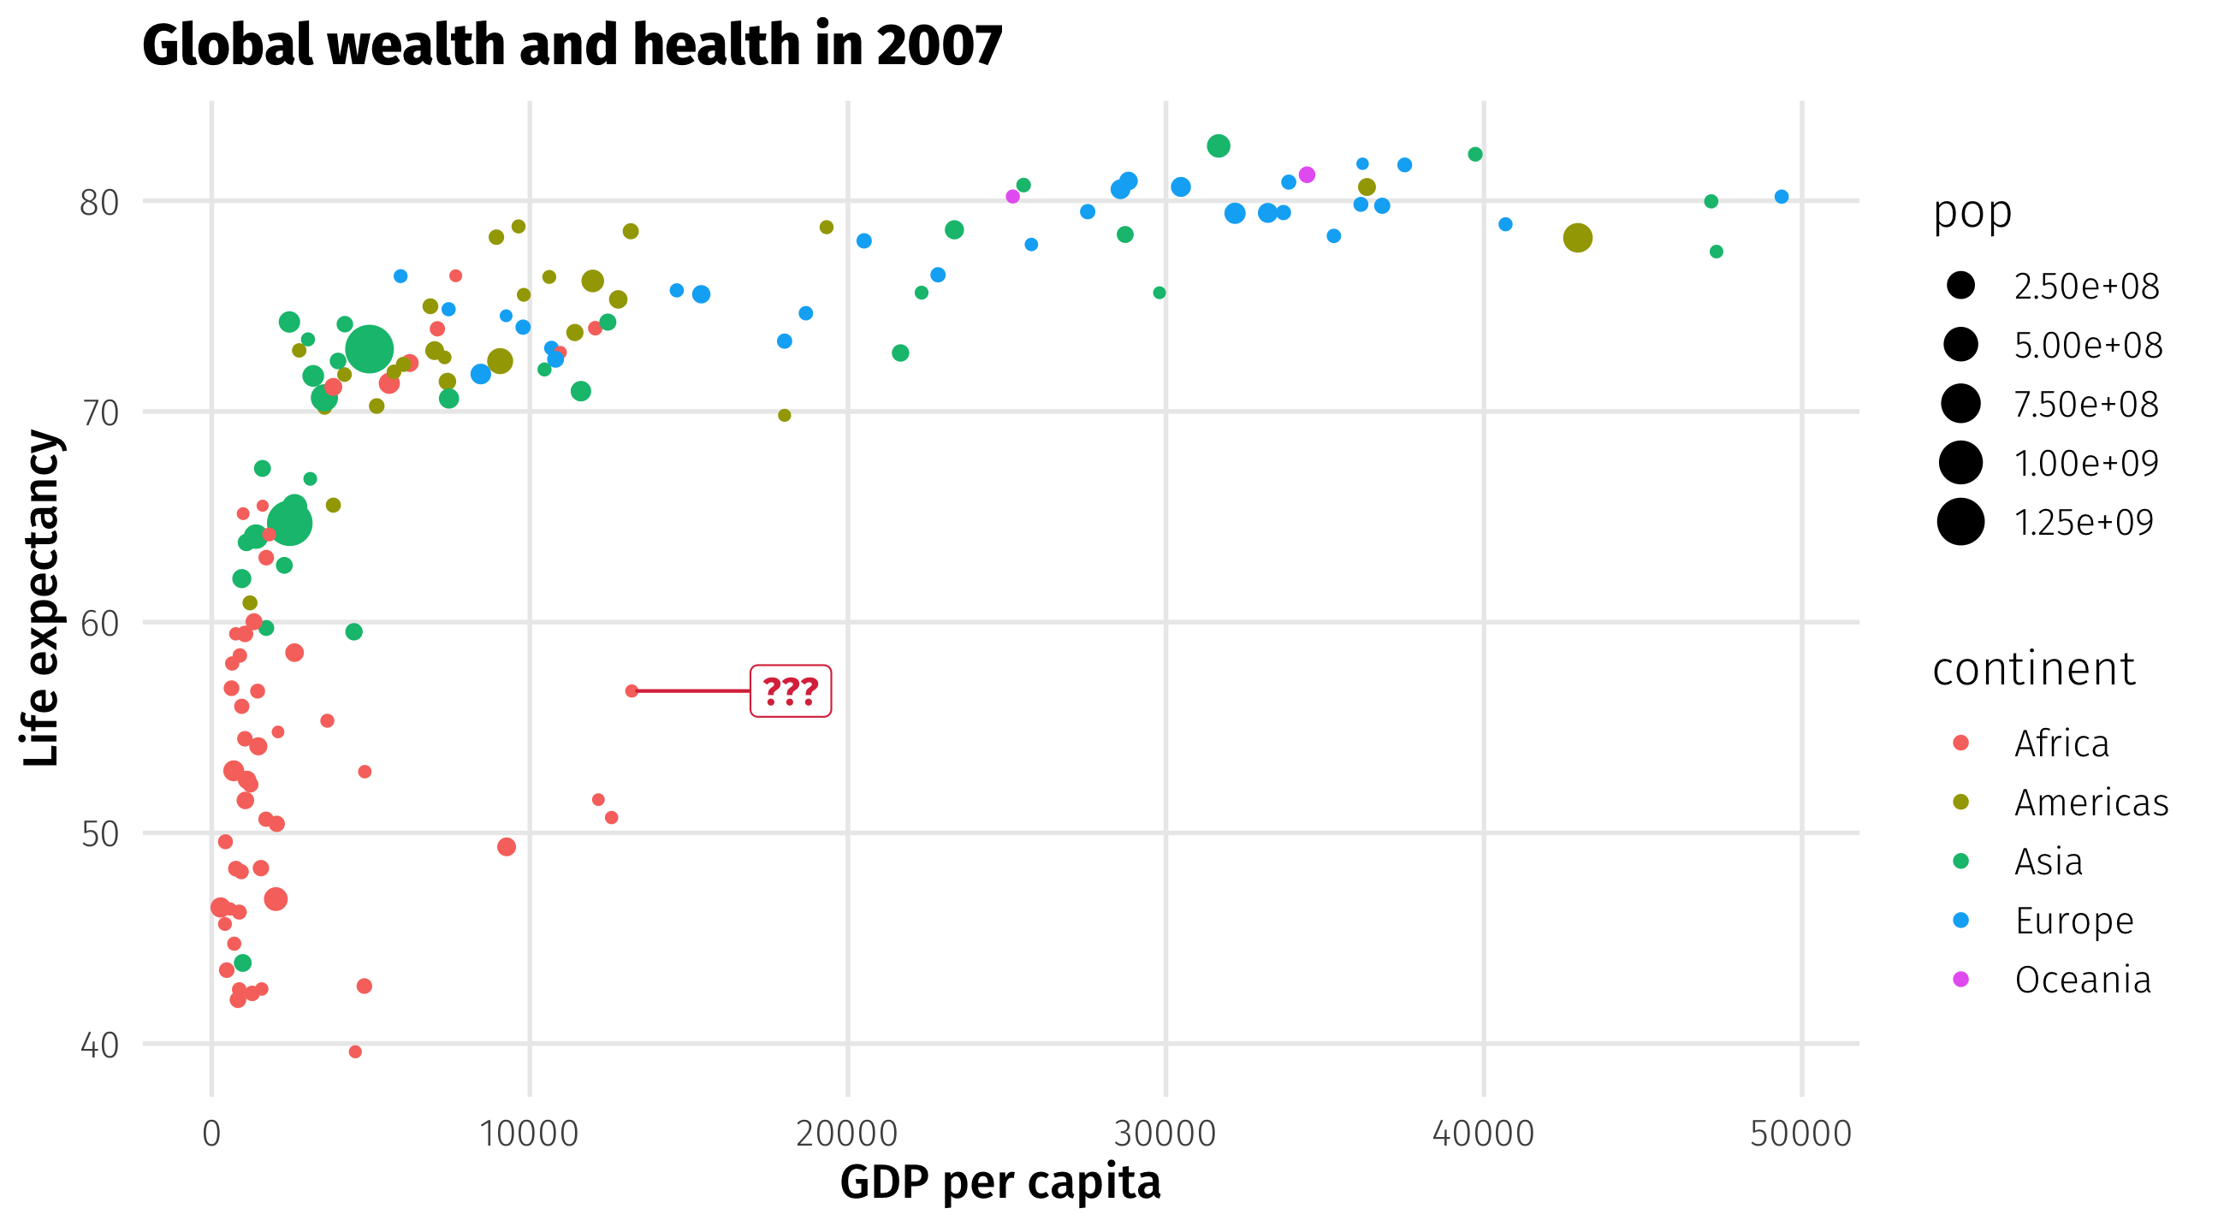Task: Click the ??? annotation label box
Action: tap(790, 690)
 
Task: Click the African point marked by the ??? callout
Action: tap(632, 690)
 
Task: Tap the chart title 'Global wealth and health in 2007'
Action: tap(572, 44)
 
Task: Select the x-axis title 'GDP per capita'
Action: tap(999, 1182)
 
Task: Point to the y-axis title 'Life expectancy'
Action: tap(41, 598)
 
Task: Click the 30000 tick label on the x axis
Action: tap(1165, 1134)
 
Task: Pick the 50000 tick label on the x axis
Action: tap(1800, 1134)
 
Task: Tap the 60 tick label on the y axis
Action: tap(99, 624)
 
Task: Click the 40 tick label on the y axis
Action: tap(99, 1045)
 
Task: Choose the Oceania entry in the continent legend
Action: tap(2082, 980)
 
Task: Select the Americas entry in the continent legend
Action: tap(2090, 803)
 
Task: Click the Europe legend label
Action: tap(2073, 921)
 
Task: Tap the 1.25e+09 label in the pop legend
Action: tap(2084, 523)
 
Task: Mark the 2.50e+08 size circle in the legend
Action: tap(1960, 286)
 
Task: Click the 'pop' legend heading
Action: tap(1972, 212)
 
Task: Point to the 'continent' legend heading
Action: tap(2034, 669)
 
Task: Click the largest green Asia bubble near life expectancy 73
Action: tap(370, 350)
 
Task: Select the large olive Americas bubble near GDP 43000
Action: tap(1576, 238)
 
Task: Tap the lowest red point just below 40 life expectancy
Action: tap(355, 1051)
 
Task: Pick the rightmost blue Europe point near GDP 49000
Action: tap(1782, 197)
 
